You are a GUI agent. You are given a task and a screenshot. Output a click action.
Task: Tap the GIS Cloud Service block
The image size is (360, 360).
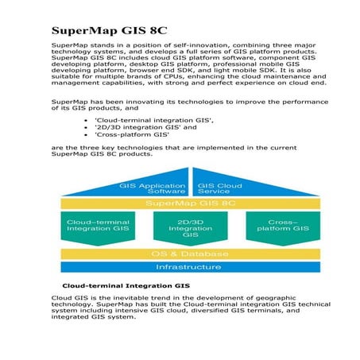coord(219,188)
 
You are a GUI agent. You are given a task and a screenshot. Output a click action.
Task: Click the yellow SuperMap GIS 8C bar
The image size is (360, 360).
coord(190,203)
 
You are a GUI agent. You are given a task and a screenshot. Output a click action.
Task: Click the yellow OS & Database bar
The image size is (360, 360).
coord(190,254)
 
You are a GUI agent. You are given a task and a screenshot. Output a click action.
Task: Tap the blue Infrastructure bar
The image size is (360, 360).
coord(190,268)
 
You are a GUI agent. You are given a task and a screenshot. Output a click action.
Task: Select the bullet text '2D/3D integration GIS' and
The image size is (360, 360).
coord(154,126)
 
